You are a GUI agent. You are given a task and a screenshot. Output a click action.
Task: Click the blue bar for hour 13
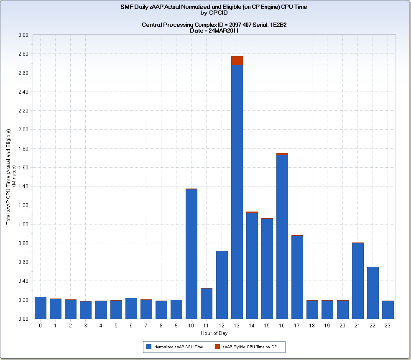point(237,192)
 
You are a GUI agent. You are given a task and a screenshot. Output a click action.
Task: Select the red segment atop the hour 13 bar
point(237,61)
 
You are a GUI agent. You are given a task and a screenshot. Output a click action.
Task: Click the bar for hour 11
point(207,304)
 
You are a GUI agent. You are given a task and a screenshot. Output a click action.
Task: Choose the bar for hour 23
point(388,310)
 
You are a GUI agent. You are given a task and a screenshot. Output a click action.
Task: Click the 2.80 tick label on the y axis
point(23,54)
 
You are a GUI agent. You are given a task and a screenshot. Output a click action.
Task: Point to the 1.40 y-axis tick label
point(23,186)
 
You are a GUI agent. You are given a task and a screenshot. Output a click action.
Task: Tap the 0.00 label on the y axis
point(23,319)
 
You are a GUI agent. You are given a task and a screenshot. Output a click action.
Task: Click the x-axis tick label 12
point(222,325)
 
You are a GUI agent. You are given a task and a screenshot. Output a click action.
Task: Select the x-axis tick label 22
point(373,325)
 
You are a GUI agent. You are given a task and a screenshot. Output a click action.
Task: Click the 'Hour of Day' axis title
point(214,333)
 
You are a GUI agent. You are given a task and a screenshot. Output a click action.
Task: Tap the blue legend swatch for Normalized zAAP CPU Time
point(149,347)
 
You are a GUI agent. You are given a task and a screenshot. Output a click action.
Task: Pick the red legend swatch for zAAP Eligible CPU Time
point(217,347)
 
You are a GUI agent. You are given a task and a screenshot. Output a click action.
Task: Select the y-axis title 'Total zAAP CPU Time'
point(9,180)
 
